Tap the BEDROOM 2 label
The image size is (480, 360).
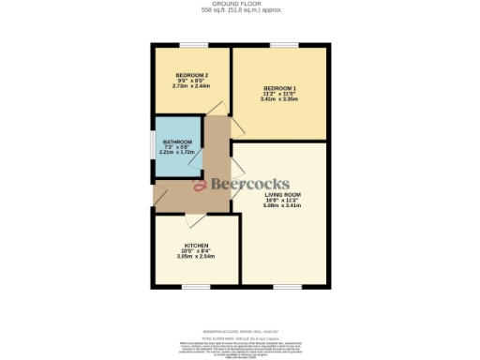pos(191,75)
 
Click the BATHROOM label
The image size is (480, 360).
pos(177,142)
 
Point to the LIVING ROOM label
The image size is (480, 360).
pos(282,193)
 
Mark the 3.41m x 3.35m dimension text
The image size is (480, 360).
pos(278,99)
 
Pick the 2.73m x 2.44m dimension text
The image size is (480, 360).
pos(191,86)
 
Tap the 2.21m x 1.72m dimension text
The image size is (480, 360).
pos(177,153)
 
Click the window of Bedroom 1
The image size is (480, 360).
pos(283,44)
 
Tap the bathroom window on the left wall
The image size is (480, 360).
pos(153,147)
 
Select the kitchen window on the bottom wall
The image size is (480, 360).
pos(194,287)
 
